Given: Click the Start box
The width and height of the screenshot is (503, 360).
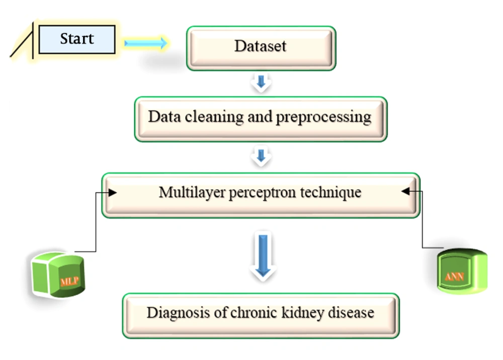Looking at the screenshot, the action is coord(76,39).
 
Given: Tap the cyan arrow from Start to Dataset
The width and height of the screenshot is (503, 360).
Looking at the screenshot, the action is coord(146,43).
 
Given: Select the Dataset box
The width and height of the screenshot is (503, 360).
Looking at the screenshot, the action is coord(261,48).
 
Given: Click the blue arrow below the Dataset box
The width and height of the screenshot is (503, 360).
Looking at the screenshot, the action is coord(261,82).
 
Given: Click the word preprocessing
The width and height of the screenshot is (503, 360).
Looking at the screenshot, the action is coord(323,118).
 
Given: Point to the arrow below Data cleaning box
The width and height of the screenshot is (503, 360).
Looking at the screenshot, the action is coord(261,156).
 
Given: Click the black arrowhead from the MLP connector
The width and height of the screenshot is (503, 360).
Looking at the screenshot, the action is coord(112,193).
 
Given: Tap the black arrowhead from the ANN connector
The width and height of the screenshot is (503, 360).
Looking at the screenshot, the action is coord(405,192).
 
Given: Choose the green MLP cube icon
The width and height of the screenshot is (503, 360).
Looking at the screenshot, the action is coord(58,275).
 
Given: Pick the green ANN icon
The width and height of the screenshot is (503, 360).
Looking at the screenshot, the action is coord(462,271).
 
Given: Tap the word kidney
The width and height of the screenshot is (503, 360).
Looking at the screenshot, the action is coord(303,313).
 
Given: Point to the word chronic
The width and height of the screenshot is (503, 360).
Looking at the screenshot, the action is coord(254,313).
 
